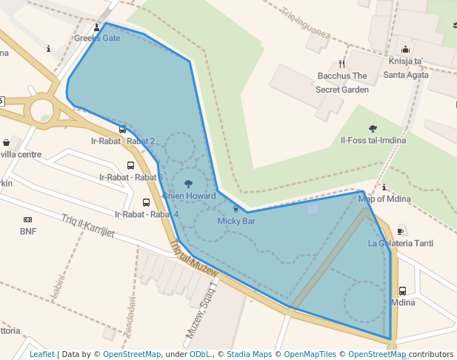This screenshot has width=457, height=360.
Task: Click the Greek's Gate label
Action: click(x=97, y=38)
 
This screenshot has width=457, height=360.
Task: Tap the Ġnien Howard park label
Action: click(x=189, y=196)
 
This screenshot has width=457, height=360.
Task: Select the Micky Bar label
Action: click(x=236, y=221)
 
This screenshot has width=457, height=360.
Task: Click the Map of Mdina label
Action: click(x=384, y=198)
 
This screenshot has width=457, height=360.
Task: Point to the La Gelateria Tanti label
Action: click(x=401, y=243)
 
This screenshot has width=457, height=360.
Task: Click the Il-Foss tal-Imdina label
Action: click(x=373, y=140)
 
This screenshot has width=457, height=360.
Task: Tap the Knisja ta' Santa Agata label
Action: click(x=405, y=68)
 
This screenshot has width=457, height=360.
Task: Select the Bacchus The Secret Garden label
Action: click(x=342, y=82)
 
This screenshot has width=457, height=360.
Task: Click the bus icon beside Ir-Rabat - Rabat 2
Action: click(x=122, y=129)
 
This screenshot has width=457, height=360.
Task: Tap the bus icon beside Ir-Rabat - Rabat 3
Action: click(x=131, y=166)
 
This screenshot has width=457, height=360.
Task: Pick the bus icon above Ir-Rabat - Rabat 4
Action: click(x=146, y=202)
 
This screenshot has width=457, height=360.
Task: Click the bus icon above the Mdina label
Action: click(x=402, y=290)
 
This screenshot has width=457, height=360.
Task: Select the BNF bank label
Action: click(x=28, y=230)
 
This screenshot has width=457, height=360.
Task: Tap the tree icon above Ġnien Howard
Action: click(x=188, y=182)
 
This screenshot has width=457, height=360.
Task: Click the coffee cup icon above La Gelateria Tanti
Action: click(x=401, y=230)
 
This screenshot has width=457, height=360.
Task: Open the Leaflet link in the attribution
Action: click(x=42, y=354)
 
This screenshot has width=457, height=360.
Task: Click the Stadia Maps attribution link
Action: click(x=250, y=354)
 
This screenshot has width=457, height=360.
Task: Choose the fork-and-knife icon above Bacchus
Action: click(x=341, y=64)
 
